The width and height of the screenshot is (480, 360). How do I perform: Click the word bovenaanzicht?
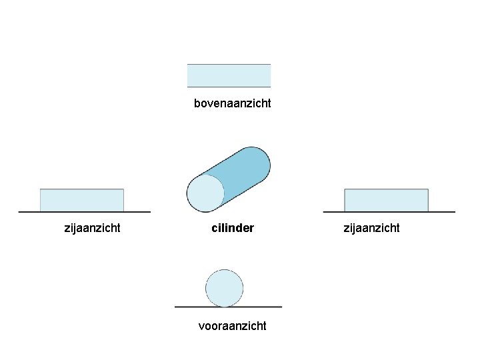tap(232, 103)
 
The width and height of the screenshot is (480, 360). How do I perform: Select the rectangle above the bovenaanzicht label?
tap(229, 75)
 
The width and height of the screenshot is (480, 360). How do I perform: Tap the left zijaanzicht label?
tap(92, 228)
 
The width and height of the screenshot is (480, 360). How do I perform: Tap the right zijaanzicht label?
tap(371, 228)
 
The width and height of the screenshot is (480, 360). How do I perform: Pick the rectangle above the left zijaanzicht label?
tap(82, 200)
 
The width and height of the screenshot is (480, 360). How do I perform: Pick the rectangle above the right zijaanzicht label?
tap(386, 200)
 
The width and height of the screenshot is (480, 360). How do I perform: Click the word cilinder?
tap(232, 228)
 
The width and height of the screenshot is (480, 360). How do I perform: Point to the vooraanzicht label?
tap(232, 325)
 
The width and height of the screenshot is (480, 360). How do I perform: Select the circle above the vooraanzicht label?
tap(224, 288)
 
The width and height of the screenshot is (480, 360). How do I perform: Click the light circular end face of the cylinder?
tap(205, 193)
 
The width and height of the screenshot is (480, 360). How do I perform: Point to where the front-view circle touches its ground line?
tap(225, 307)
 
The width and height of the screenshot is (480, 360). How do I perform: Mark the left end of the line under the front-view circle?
tap(175, 307)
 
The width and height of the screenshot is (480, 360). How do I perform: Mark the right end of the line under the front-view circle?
tap(281, 307)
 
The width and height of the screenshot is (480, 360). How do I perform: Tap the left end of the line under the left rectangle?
tap(19, 212)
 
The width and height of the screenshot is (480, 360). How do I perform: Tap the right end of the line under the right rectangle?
tap(455, 212)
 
